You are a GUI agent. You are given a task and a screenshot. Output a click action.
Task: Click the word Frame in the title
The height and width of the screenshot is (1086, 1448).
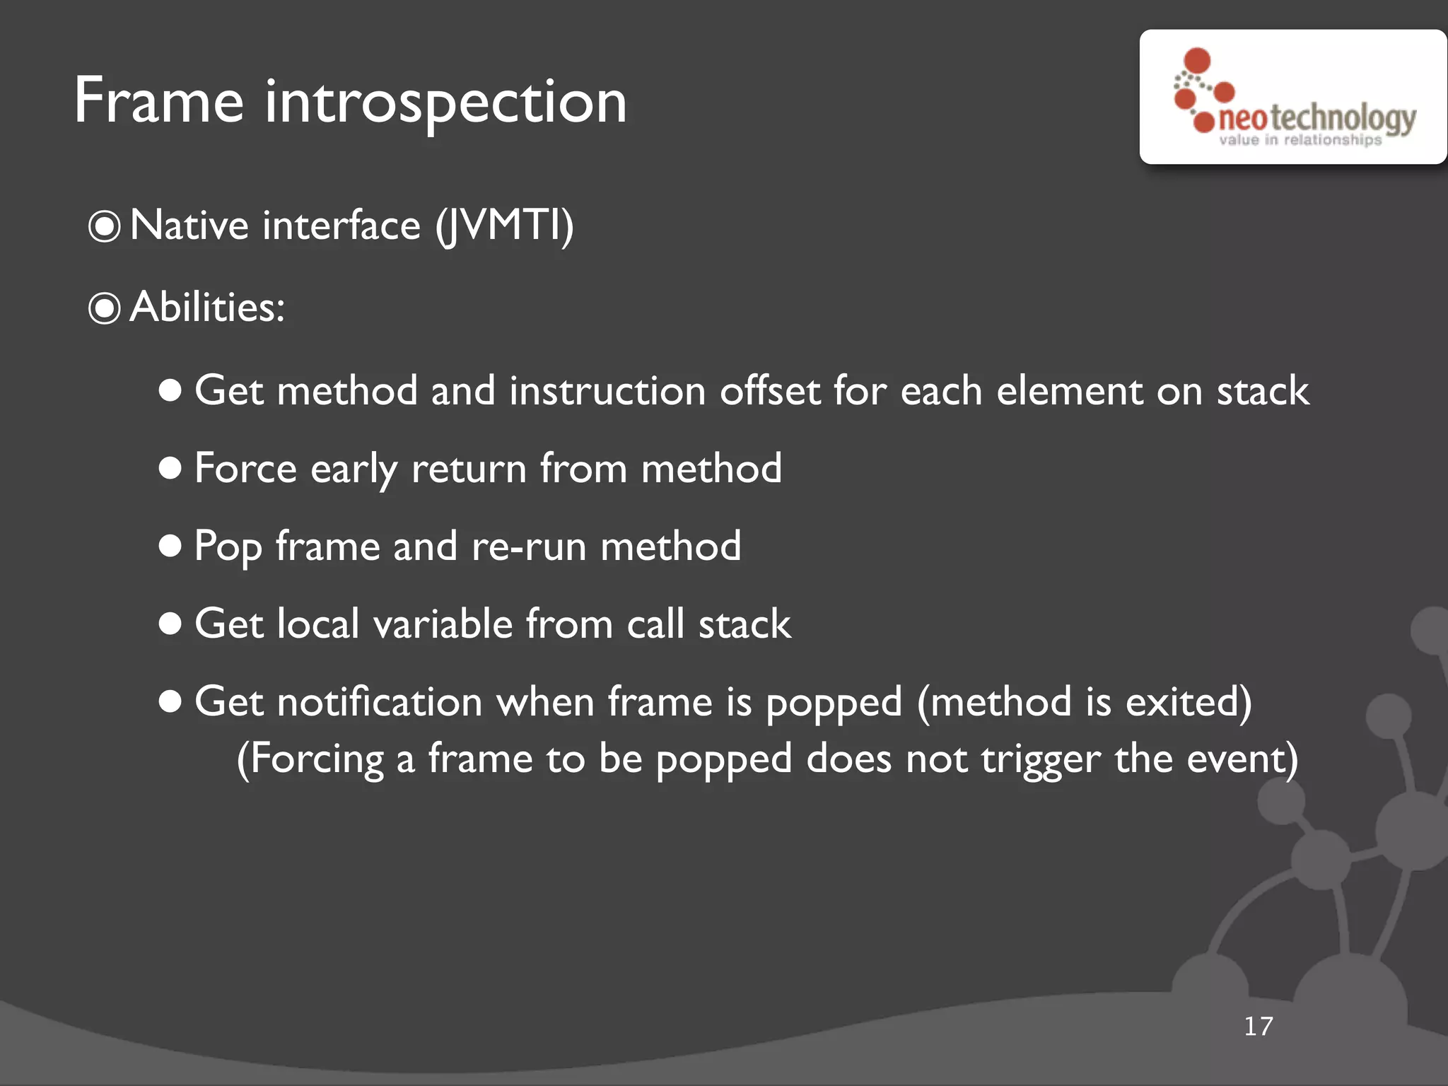[158, 101]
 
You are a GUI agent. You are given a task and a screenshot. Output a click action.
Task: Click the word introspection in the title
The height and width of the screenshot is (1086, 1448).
[445, 103]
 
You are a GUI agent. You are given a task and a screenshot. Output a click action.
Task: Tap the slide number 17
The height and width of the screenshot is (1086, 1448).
[1258, 1026]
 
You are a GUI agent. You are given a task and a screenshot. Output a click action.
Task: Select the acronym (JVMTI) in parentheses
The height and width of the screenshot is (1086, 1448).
[503, 226]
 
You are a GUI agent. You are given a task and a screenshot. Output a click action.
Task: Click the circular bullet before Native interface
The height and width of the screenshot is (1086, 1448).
[105, 227]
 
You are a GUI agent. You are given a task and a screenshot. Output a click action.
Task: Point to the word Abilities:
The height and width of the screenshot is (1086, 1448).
[208, 308]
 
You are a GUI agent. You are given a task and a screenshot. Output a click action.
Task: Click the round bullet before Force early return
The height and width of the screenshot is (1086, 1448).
[170, 468]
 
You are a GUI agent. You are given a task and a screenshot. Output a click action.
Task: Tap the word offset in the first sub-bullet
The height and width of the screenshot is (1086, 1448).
[770, 390]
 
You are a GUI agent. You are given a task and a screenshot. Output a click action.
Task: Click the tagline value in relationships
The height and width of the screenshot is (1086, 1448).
[1300, 140]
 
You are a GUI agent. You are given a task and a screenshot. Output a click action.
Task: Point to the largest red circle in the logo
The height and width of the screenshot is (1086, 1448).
[1197, 61]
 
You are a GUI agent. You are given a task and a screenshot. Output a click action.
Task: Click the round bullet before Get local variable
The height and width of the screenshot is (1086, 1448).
[170, 624]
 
